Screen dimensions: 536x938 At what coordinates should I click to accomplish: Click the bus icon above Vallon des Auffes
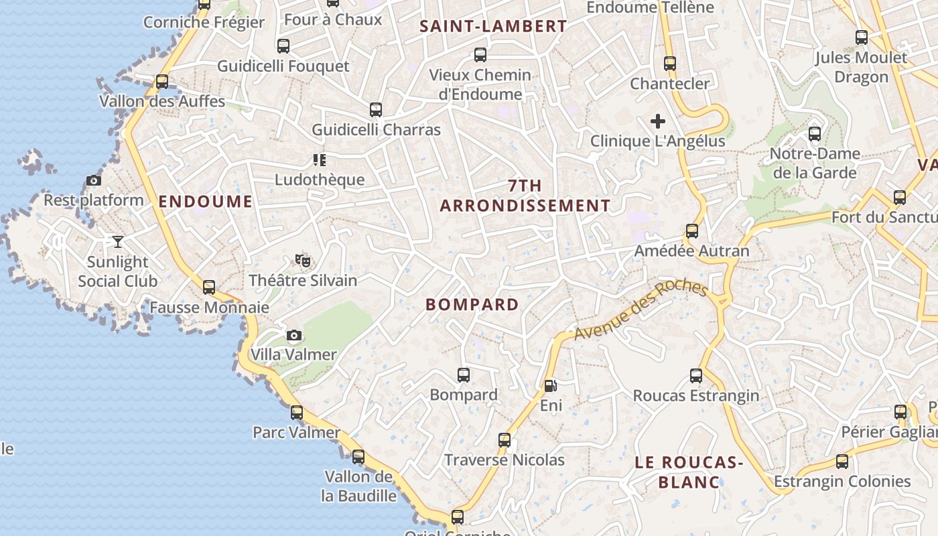click(162, 82)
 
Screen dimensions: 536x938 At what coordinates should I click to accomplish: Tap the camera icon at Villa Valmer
click(293, 335)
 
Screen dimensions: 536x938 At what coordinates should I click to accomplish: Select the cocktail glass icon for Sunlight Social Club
click(118, 241)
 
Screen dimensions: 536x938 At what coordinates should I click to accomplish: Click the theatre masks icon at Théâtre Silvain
click(303, 260)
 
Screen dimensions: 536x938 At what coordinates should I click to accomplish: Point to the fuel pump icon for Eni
click(550, 386)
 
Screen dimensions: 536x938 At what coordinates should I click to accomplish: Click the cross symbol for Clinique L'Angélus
click(658, 121)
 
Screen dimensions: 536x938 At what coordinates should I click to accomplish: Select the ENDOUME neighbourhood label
click(206, 201)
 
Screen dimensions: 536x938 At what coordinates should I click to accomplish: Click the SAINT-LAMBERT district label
click(493, 27)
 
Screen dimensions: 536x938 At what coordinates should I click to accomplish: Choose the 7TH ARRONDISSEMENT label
click(525, 196)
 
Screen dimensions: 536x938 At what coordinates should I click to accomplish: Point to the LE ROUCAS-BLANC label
click(689, 472)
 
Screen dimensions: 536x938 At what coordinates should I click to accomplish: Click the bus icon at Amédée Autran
click(692, 231)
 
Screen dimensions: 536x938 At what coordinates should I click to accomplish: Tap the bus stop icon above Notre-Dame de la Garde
click(815, 134)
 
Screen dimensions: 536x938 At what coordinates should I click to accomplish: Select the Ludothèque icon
click(319, 159)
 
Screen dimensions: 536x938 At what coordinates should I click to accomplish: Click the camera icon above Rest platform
click(94, 180)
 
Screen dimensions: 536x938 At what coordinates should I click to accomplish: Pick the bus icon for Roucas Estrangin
click(696, 376)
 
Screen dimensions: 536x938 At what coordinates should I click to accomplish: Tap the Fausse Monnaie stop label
click(209, 308)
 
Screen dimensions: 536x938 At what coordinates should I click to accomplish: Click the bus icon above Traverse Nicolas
click(505, 440)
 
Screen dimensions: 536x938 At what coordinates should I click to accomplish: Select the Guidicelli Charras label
click(377, 130)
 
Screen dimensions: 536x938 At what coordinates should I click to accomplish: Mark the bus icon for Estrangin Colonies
click(842, 462)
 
